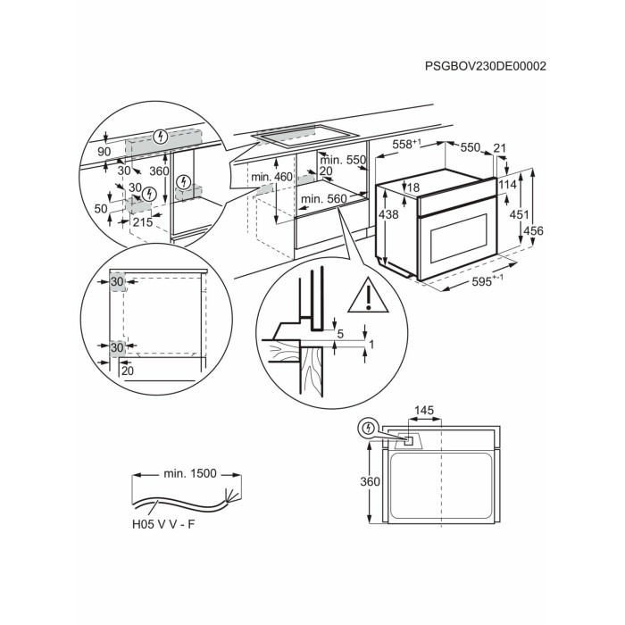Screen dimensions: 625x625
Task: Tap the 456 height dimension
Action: click(x=557, y=230)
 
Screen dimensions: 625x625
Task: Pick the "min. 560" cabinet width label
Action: click(x=322, y=199)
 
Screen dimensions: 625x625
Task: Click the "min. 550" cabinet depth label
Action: click(x=344, y=160)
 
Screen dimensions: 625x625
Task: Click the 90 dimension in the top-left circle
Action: click(x=104, y=154)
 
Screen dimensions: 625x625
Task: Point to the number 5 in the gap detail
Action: click(x=341, y=334)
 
